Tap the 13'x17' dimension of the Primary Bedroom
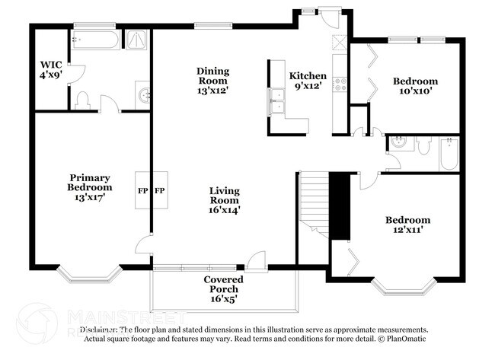click(x=90, y=197)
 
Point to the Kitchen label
click(x=308, y=76)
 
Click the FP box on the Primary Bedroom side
click(x=142, y=190)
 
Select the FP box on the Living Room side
click(x=161, y=190)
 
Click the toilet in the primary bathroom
click(x=85, y=99)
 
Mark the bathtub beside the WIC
click(x=99, y=40)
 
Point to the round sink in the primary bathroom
click(x=142, y=94)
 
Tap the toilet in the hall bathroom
click(x=423, y=145)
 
